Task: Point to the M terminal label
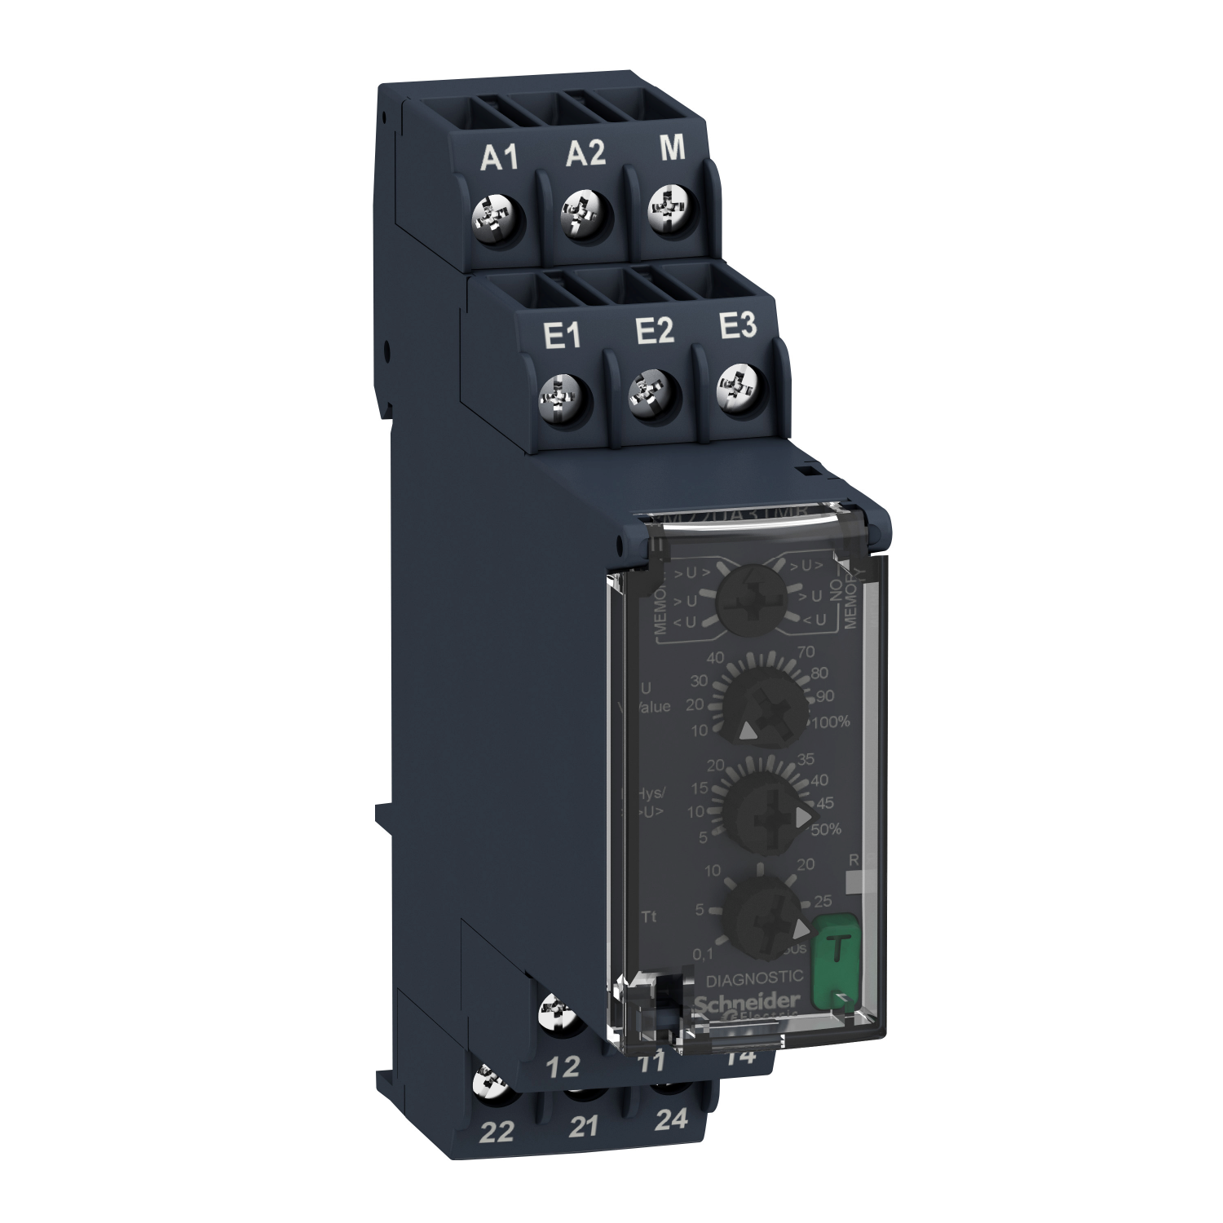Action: [x=672, y=149]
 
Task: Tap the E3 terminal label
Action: [x=738, y=326]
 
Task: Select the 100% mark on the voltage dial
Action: [x=830, y=722]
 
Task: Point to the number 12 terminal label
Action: [x=563, y=1066]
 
